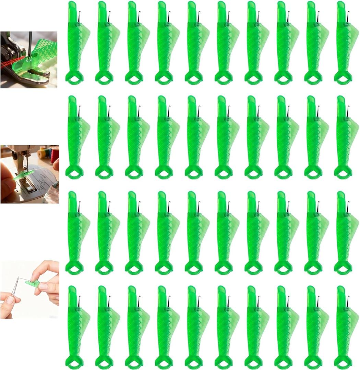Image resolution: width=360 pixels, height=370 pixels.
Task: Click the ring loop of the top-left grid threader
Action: click(x=74, y=78)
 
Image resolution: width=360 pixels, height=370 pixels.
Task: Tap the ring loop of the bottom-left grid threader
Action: click(x=74, y=362)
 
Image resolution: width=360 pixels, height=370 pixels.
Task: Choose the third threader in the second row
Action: click(x=134, y=137)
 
